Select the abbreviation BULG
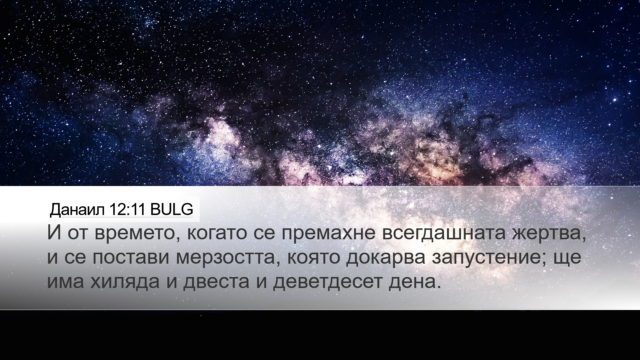(x=171, y=209)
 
